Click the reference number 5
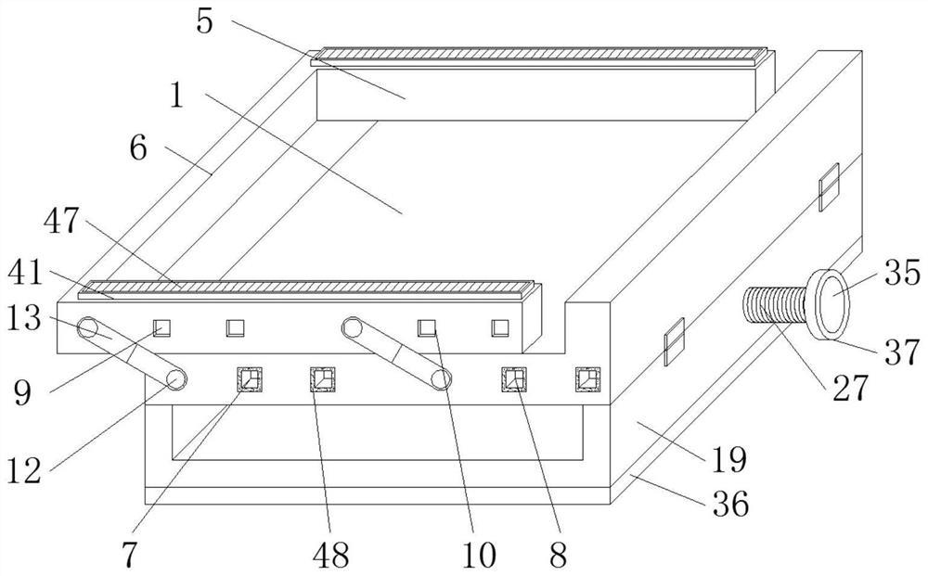coord(205,21)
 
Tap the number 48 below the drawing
coord(329,555)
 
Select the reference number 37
coord(899,352)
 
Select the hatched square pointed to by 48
coord(321,379)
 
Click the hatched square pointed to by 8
coord(513,379)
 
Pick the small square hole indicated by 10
coord(427,326)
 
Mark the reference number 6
coord(138,147)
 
